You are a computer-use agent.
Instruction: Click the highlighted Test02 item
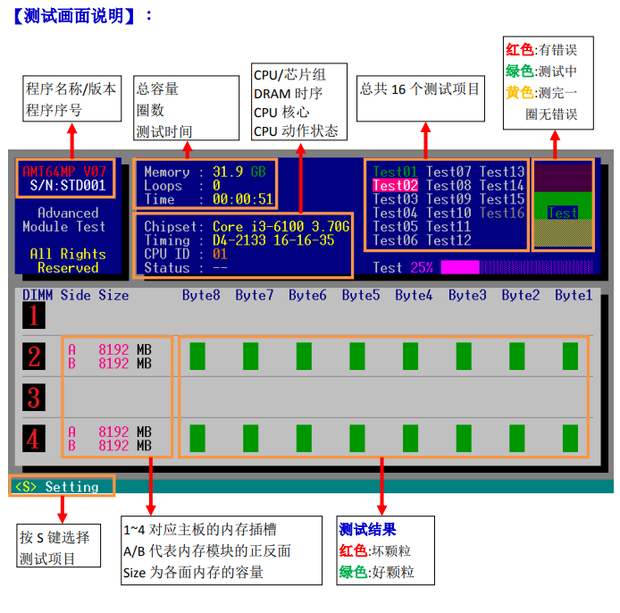[x=395, y=186]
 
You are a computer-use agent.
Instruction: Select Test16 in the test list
[x=502, y=213]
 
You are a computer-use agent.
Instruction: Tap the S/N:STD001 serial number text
[x=68, y=186]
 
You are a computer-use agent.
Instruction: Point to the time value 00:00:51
[x=242, y=199]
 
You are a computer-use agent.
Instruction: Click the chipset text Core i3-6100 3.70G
[x=281, y=227]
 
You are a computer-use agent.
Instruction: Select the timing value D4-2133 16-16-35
[x=273, y=240]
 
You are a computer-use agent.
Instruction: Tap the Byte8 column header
[x=201, y=295]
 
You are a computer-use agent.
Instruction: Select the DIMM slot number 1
[x=34, y=315]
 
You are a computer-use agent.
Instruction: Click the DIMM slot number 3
[x=34, y=398]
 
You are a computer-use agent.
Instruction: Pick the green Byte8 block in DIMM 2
[x=197, y=356]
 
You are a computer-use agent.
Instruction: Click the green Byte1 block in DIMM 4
[x=570, y=438]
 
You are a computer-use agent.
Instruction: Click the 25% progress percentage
[x=421, y=267]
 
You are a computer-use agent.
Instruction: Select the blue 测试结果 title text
[x=367, y=530]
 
